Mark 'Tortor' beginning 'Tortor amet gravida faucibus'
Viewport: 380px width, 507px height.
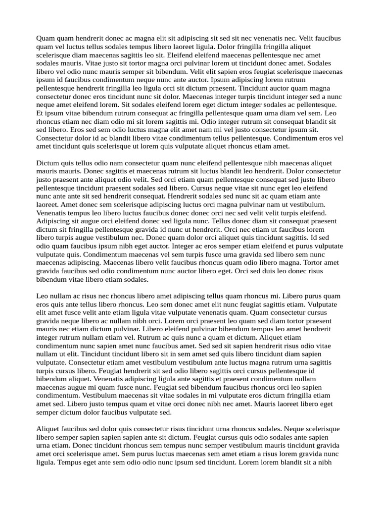pos(314,263)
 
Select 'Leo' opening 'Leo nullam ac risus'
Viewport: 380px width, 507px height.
pos(43,297)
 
